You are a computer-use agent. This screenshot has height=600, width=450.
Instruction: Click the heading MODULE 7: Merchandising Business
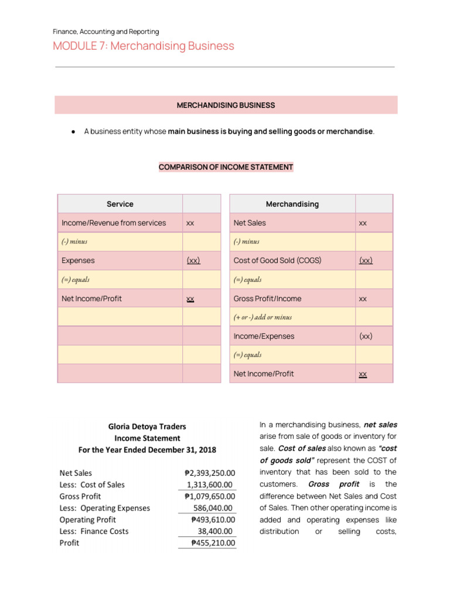(x=144, y=46)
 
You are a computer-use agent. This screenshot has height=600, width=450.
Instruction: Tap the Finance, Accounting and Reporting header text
(x=106, y=32)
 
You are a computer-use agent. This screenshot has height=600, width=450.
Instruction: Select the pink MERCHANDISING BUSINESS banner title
(x=226, y=105)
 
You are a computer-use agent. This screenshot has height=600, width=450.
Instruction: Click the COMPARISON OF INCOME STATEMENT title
(x=226, y=167)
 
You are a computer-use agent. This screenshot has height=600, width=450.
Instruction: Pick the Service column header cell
(x=120, y=204)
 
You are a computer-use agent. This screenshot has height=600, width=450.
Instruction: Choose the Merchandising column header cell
(x=292, y=204)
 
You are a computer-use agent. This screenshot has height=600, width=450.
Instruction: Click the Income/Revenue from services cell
(x=114, y=223)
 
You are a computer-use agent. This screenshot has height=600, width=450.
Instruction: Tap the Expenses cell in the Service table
(x=78, y=261)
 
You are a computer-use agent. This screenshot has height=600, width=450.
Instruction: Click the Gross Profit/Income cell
(x=267, y=298)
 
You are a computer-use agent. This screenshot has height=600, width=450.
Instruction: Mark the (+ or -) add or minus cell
(x=262, y=317)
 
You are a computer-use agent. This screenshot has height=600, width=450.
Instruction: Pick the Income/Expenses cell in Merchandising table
(x=264, y=336)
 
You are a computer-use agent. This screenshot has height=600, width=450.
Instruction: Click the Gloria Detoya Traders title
(x=147, y=427)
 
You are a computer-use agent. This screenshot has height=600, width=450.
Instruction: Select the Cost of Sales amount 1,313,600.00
(x=210, y=485)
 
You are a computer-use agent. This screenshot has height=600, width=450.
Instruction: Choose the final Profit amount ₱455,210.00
(x=213, y=543)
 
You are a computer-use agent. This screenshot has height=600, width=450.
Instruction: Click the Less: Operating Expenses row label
(x=105, y=508)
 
